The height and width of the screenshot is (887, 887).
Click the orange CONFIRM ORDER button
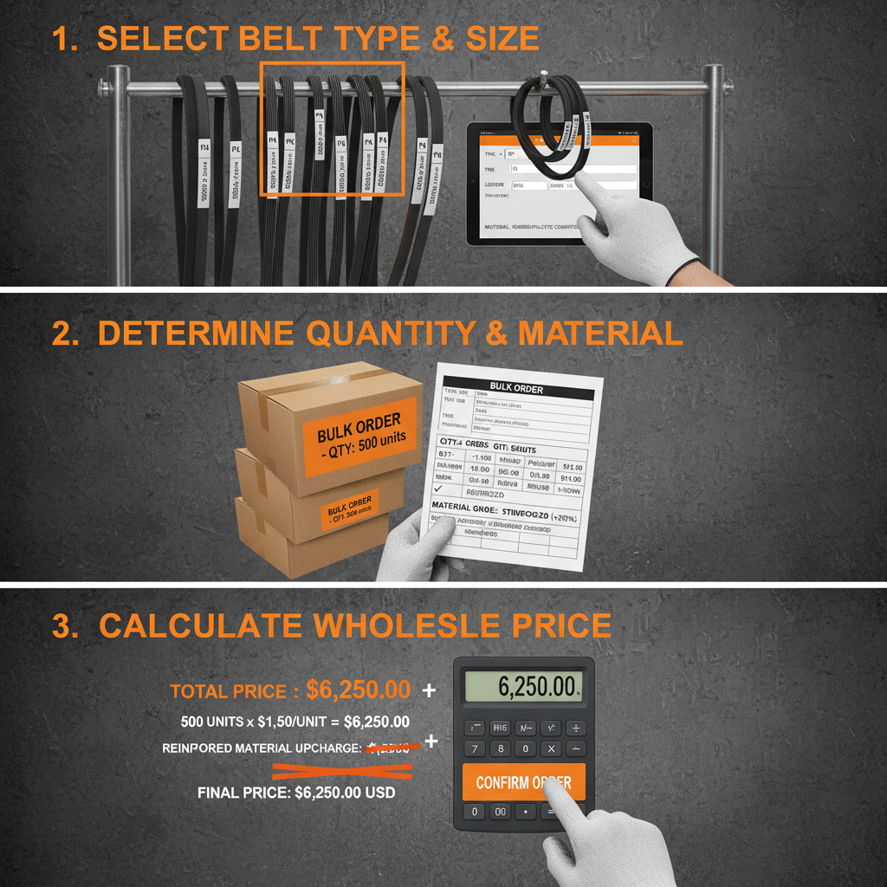(x=523, y=782)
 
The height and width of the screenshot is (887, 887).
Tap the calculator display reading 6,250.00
(x=523, y=687)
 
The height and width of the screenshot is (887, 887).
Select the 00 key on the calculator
(x=500, y=812)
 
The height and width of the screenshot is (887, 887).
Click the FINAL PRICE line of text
(x=296, y=792)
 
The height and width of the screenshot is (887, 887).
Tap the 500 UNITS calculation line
(x=295, y=722)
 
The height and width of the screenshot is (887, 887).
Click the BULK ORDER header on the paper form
(x=516, y=388)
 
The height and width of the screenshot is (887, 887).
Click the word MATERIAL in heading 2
(x=595, y=333)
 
